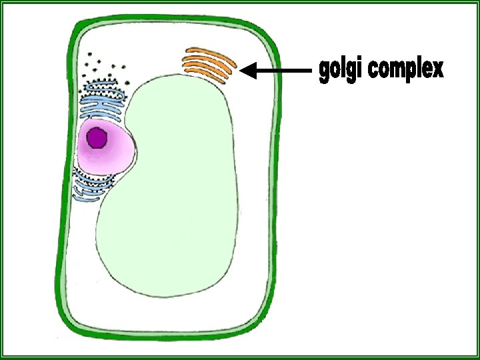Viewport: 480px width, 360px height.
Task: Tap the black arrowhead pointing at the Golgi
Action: click(248, 70)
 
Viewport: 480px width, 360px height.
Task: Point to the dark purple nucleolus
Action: click(97, 138)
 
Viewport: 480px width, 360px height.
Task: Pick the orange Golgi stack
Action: click(209, 64)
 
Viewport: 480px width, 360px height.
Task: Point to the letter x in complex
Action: click(436, 69)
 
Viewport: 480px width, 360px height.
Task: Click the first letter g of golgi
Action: click(324, 71)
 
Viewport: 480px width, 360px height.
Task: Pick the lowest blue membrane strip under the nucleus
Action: click(87, 198)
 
